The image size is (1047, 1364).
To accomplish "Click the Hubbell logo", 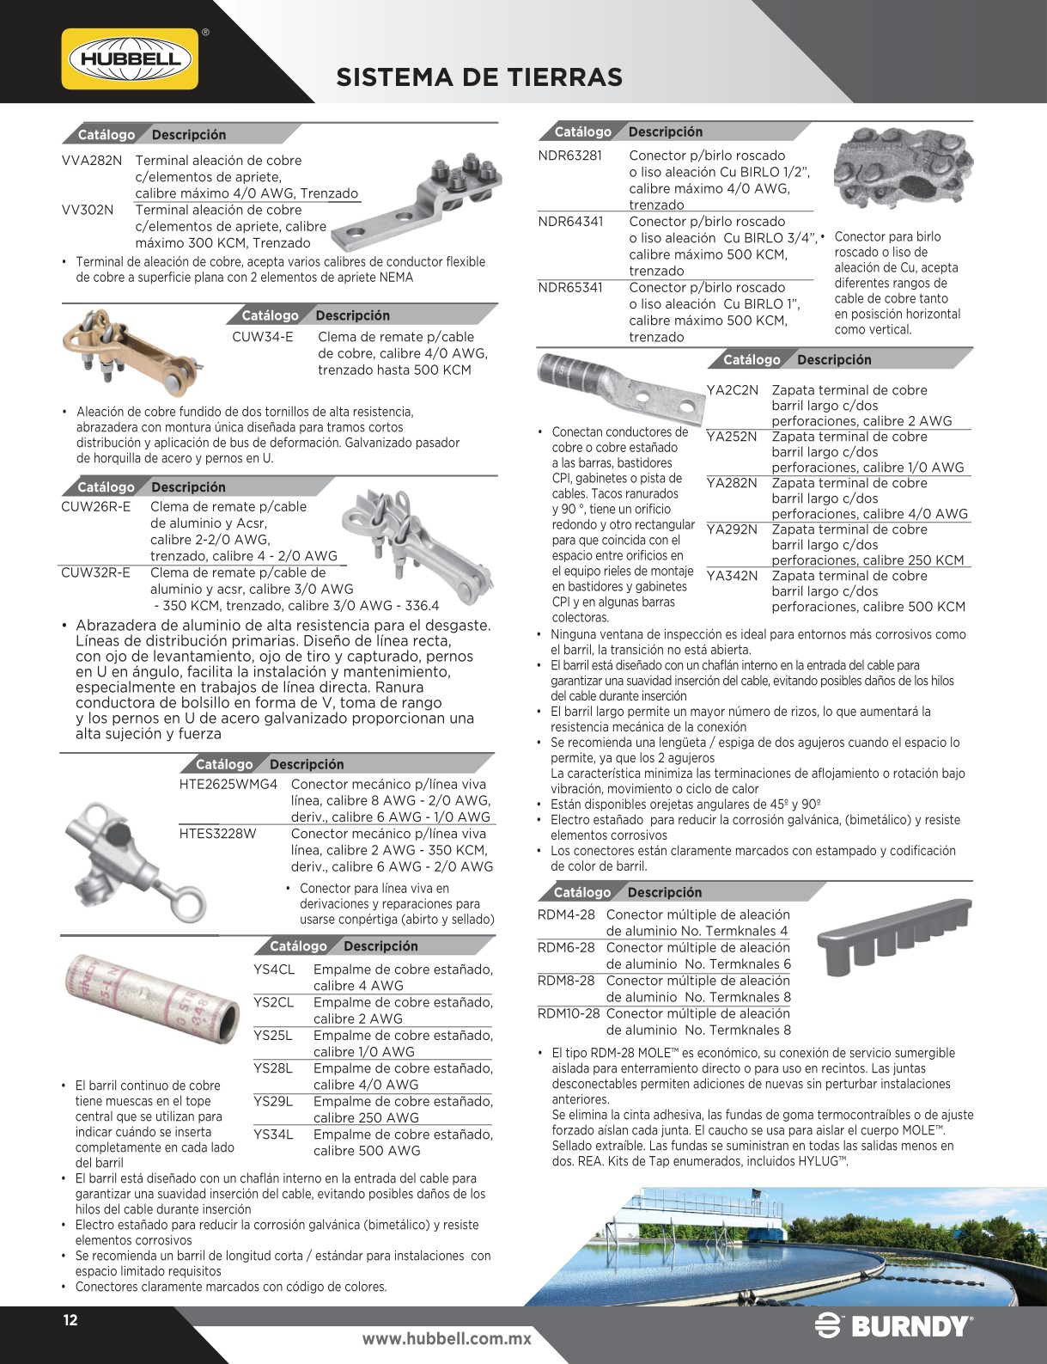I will coord(131,58).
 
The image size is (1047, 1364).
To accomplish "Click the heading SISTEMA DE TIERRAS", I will coord(478,77).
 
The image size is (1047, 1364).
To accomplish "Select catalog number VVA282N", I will coord(92,161).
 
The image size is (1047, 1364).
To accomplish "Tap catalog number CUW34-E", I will coord(262,338).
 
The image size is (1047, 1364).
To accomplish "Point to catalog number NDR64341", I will coord(570,222).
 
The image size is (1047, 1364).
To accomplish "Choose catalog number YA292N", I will coord(732,529).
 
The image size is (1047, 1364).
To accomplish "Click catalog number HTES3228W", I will coord(217,834).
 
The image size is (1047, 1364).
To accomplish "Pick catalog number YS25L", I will coord(273,1036).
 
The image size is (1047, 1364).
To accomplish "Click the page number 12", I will coord(70,1320).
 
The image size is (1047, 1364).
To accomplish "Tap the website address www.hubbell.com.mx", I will coord(447,1338).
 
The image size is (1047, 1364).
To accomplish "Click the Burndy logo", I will coord(893,1326).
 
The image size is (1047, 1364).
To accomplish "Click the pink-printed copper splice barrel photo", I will coord(153,997).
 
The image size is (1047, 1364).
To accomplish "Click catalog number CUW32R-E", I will coord(95,573).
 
